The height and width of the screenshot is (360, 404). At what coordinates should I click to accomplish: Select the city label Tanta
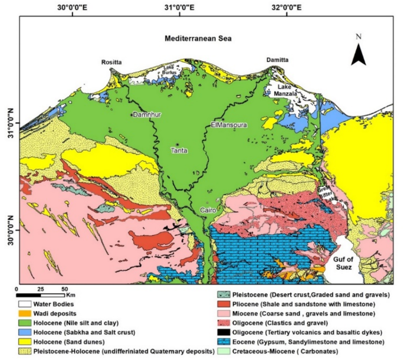(x=179, y=150)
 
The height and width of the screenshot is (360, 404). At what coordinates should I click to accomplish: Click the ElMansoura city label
(x=228, y=125)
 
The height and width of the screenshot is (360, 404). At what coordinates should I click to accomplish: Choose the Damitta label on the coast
(x=277, y=61)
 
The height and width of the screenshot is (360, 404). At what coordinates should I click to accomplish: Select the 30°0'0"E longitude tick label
(x=73, y=7)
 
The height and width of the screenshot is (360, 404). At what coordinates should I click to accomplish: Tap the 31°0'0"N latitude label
(x=8, y=119)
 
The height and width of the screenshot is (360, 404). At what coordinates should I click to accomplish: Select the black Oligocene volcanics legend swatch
(x=220, y=332)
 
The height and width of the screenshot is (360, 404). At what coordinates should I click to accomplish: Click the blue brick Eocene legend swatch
(x=220, y=342)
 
